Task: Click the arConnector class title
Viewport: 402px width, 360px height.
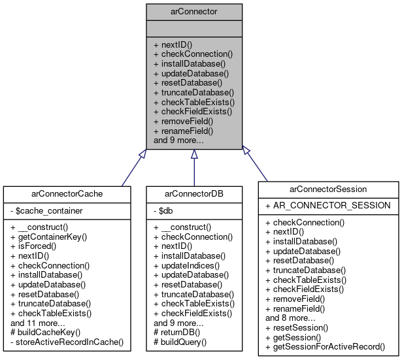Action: [194, 11]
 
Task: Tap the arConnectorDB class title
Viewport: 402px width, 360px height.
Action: [194, 193]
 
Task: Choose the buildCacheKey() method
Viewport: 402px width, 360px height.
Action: [44, 332]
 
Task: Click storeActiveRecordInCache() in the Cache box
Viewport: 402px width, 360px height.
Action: [67, 341]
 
